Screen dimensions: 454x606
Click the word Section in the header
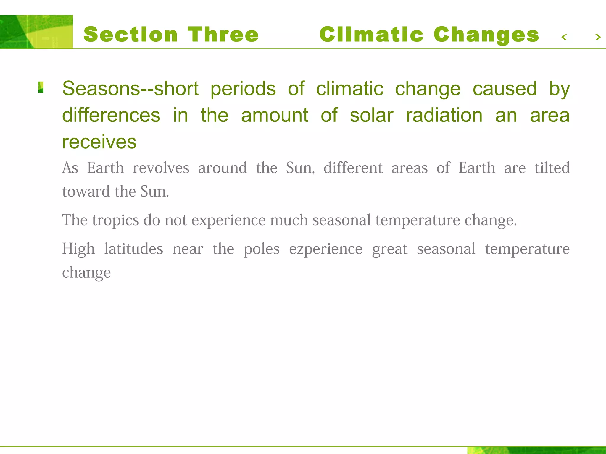(130, 35)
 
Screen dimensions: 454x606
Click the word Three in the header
(223, 35)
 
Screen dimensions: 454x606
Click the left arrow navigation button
(564, 37)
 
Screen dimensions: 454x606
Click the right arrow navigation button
(598, 37)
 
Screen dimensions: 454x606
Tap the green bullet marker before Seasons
(41, 87)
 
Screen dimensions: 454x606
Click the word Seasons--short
(130, 89)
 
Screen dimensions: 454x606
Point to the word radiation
(444, 115)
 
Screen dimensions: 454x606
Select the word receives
(99, 142)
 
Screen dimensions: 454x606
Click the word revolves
(161, 168)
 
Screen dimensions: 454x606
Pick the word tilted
(552, 168)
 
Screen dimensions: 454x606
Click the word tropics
(115, 220)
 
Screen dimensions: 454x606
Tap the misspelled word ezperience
(325, 249)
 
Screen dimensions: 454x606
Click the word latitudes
(133, 249)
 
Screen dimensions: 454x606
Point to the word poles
(262, 249)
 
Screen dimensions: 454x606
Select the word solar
(371, 115)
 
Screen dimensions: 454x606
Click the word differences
(111, 115)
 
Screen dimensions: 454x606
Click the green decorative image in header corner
(36, 32)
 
